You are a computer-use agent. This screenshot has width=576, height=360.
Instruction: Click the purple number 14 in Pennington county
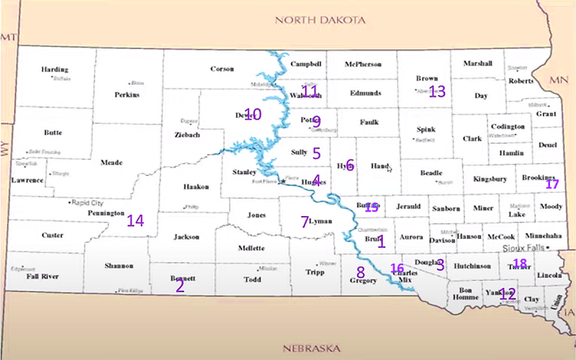[135, 220]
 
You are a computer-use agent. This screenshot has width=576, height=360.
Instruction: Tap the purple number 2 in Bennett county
[180, 285]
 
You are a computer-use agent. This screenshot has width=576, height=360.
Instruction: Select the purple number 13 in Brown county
[437, 91]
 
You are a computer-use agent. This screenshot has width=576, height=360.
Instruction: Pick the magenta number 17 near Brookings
[552, 184]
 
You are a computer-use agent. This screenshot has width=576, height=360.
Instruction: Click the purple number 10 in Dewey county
[251, 114]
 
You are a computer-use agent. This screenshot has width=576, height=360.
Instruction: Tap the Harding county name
[54, 70]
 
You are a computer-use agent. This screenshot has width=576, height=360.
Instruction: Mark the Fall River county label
[42, 276]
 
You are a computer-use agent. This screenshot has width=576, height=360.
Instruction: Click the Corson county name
[222, 69]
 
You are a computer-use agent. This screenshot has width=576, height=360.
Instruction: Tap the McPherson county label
[363, 64]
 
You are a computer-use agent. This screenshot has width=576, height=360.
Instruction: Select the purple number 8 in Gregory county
[360, 272]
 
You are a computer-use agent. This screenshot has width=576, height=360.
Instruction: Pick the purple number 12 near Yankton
[507, 293]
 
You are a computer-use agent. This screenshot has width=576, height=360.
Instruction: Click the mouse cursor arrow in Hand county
[389, 169]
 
